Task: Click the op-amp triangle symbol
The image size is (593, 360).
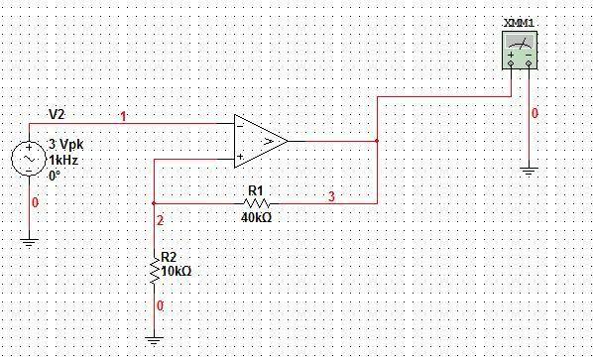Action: [259, 140]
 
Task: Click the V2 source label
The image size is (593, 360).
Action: [58, 115]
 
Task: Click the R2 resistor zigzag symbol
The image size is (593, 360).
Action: [154, 270]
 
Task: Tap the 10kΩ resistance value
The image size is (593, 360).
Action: [177, 270]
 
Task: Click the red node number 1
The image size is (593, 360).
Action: [123, 117]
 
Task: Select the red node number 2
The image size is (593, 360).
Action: [160, 219]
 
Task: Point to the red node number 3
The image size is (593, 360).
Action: [331, 196]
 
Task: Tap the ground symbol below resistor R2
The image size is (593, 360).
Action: [154, 339]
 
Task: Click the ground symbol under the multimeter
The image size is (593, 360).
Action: [529, 170]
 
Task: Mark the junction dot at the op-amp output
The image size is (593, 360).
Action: [377, 141]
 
